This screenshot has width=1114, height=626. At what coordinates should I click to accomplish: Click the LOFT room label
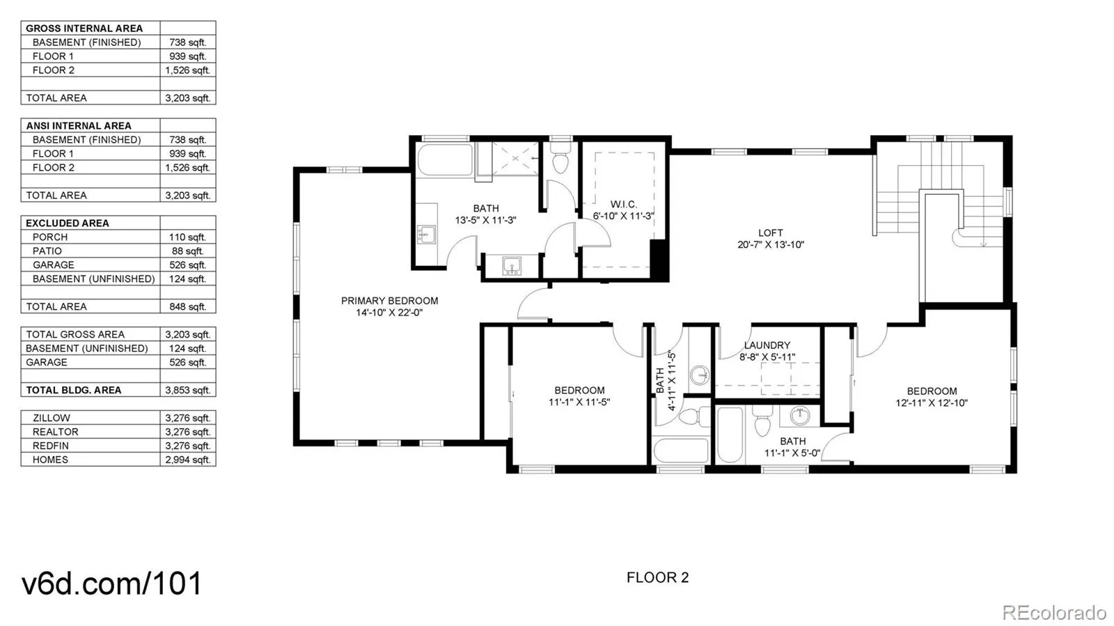coord(770,233)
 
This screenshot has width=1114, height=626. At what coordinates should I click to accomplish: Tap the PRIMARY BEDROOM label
coord(389,301)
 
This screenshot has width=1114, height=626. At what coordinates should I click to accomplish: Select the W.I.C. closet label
coord(624,204)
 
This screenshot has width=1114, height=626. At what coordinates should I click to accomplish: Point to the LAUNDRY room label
coord(767,345)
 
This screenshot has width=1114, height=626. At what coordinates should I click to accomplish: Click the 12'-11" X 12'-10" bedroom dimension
coord(932,402)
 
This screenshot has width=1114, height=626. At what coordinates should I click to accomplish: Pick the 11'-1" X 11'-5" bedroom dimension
coord(579,402)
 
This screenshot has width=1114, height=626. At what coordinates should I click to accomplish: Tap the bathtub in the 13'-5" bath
coord(445,159)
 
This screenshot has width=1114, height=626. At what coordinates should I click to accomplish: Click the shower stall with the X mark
coord(515,158)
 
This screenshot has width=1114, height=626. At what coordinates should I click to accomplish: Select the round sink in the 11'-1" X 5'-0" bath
coord(800,416)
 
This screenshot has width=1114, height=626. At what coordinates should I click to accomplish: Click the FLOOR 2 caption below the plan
coord(657,577)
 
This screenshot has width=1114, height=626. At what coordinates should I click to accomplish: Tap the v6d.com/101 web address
coord(112,583)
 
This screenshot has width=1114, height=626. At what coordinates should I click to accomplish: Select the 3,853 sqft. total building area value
coord(187,391)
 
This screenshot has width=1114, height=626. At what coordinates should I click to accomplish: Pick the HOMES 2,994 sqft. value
coord(187,460)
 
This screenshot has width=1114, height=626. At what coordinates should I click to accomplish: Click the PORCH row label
coord(49,237)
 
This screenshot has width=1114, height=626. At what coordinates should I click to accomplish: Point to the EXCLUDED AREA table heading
coord(67,224)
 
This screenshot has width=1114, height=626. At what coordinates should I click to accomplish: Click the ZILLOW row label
coord(52,418)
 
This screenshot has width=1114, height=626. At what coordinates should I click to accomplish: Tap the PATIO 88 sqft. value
coord(187,251)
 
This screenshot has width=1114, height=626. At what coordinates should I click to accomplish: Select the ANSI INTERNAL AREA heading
coord(79,126)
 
